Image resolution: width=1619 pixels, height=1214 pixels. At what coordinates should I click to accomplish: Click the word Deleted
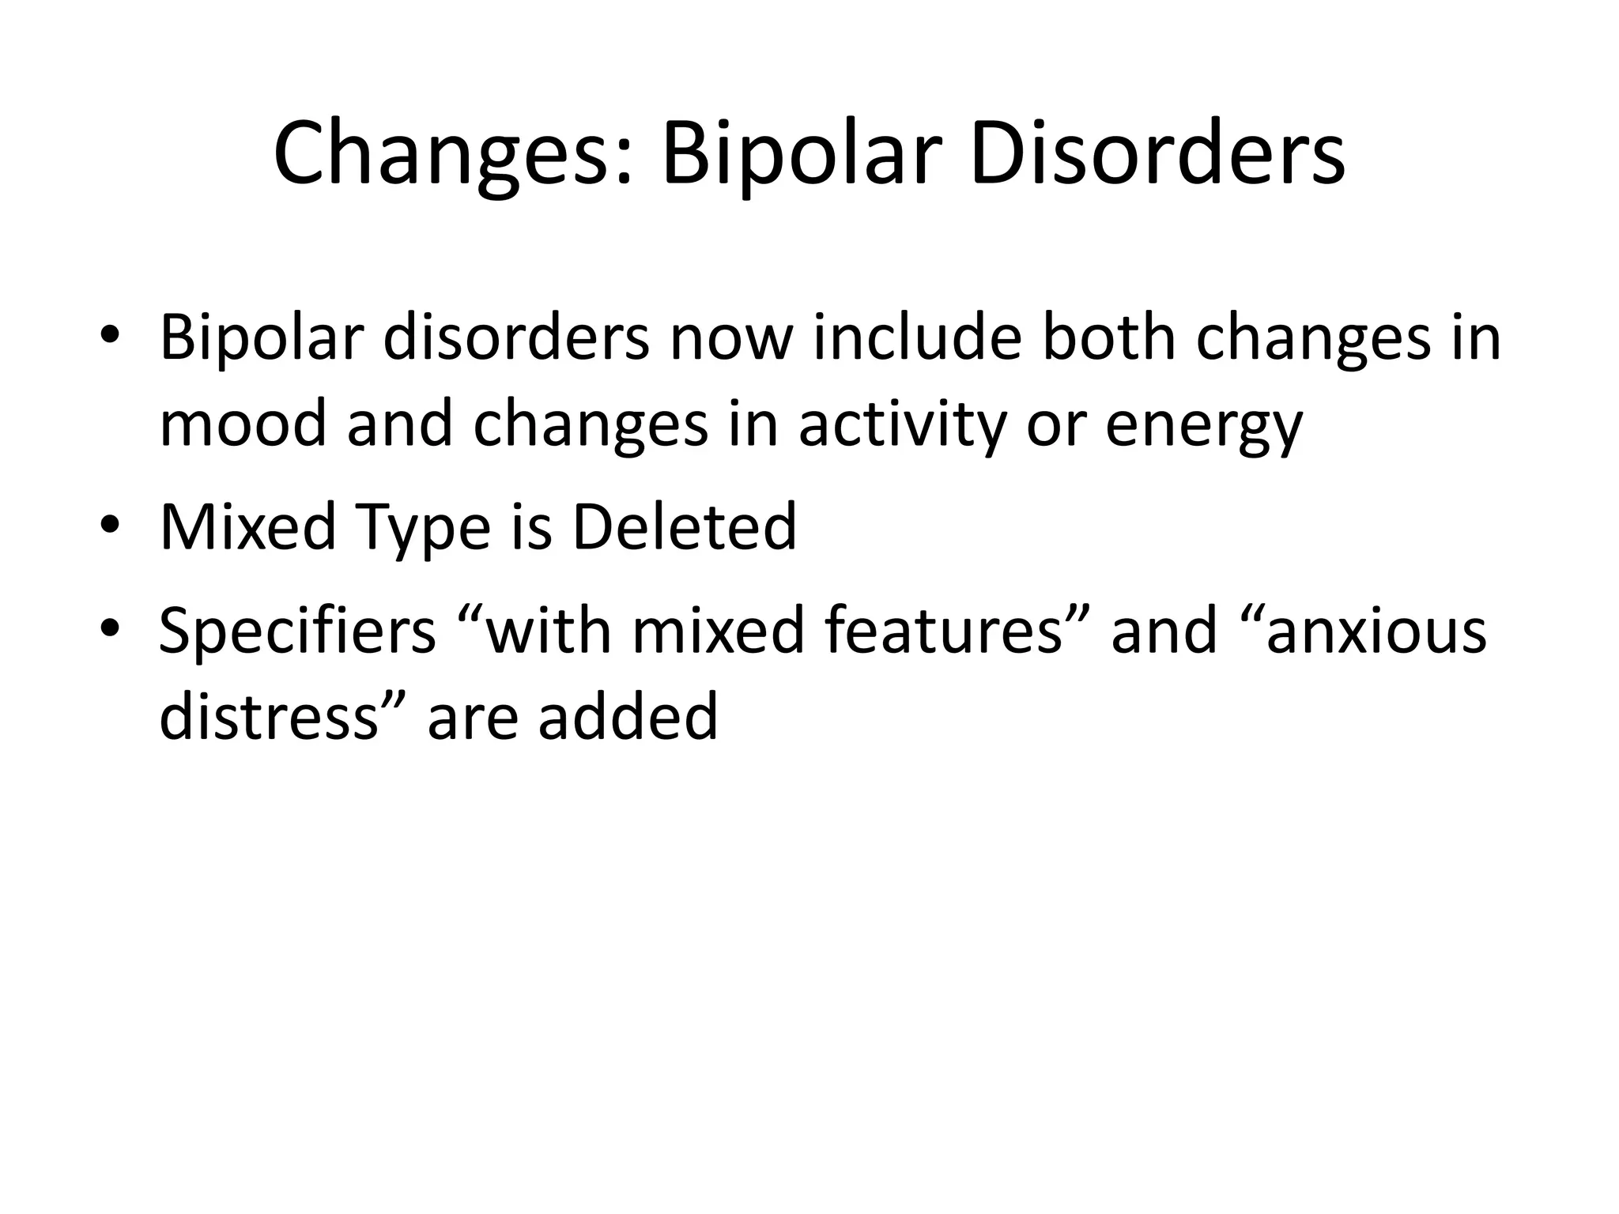click(x=684, y=527)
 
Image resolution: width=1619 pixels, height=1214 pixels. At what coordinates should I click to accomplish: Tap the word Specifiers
click(x=297, y=632)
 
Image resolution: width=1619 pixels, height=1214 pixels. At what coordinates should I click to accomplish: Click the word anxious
click(x=1376, y=632)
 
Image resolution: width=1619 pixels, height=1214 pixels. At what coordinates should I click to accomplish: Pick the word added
click(x=628, y=716)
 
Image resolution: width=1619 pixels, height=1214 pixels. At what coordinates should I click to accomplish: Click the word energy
click(x=1203, y=424)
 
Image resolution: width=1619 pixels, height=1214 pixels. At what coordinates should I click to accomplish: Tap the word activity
click(x=902, y=424)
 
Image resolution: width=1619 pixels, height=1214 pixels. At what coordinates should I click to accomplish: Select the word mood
click(x=243, y=424)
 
